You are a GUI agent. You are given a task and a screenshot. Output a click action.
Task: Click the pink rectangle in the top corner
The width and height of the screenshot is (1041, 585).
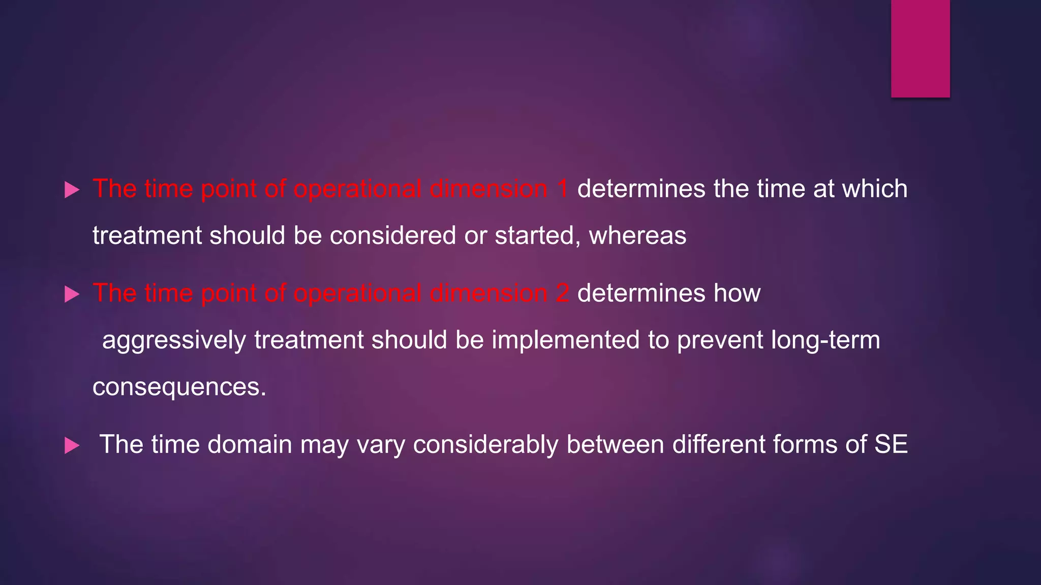pos(920,48)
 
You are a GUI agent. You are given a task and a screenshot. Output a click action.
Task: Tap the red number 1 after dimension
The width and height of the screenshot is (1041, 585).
pos(562,189)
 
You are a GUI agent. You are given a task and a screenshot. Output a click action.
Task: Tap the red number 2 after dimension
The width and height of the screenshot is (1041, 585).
pos(562,294)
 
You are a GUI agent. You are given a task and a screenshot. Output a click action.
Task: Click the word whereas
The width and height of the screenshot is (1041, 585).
pos(637,236)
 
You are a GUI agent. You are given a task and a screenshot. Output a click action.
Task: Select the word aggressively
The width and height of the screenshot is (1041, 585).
pos(174,341)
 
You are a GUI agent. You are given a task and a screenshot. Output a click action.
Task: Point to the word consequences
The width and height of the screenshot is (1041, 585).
pos(179,387)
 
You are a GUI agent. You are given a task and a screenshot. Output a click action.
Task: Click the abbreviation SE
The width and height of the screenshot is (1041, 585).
pos(891,444)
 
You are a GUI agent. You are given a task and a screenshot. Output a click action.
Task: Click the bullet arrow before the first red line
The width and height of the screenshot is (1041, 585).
pos(72,190)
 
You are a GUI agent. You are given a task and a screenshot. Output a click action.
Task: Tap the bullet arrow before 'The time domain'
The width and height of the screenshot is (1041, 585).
pos(72,446)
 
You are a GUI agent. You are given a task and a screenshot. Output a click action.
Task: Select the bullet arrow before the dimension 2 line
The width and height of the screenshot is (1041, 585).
pos(72,295)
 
